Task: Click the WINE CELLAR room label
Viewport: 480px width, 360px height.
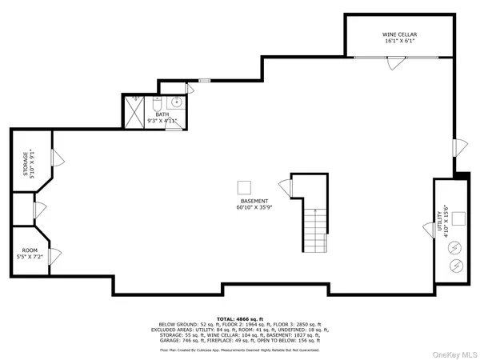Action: pyautogui.click(x=398, y=35)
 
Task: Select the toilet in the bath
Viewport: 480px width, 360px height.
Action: pyautogui.click(x=158, y=105)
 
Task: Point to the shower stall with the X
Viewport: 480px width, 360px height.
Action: pyautogui.click(x=133, y=111)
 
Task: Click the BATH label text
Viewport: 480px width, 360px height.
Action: pyautogui.click(x=162, y=114)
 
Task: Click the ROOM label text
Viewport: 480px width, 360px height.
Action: pyautogui.click(x=29, y=251)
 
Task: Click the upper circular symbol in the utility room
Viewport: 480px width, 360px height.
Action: pyautogui.click(x=457, y=248)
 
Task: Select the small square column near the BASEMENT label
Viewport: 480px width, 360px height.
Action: pyautogui.click(x=244, y=187)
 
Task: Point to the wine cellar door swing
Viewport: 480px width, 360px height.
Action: pyautogui.click(x=393, y=64)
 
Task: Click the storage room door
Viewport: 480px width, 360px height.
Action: pyautogui.click(x=58, y=158)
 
